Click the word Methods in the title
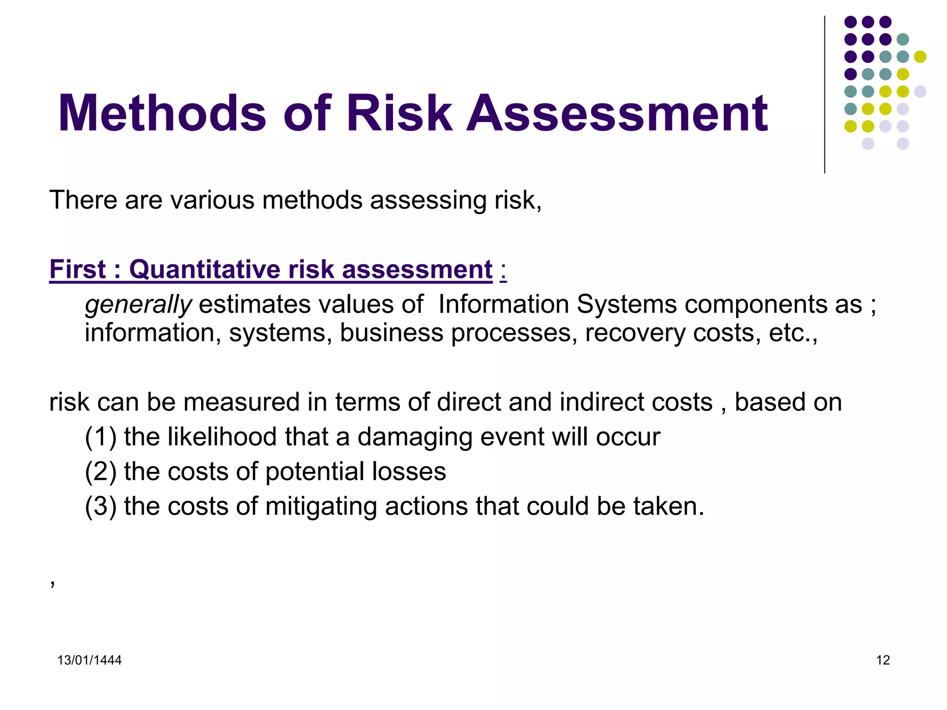click(x=162, y=113)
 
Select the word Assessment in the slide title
click(x=617, y=113)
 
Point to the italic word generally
click(x=138, y=305)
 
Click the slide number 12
click(x=883, y=660)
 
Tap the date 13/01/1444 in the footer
click(x=89, y=660)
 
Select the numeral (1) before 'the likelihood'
click(x=100, y=437)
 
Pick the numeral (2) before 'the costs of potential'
click(x=100, y=471)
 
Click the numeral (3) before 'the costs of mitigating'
click(x=100, y=506)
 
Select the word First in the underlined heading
click(x=78, y=269)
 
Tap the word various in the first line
click(x=212, y=200)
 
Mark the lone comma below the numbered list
click(x=53, y=583)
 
